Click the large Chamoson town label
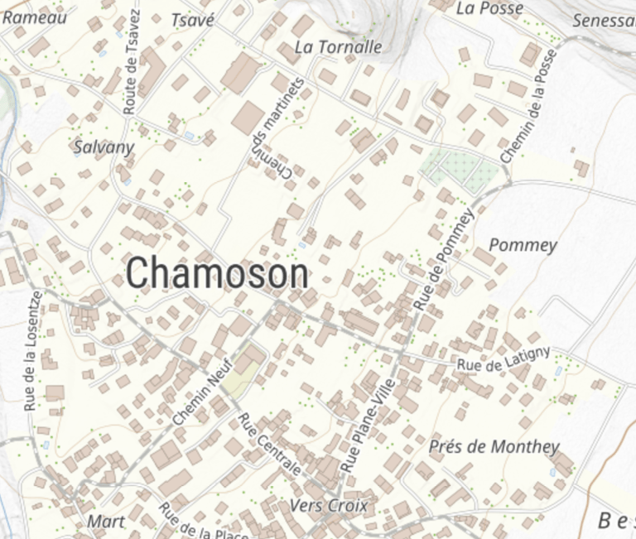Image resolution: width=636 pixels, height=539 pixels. coord(219,273)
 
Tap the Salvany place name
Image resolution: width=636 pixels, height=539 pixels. coord(104,147)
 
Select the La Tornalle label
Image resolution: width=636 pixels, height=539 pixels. coord(338,47)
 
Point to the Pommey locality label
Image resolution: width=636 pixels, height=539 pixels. coord(523,245)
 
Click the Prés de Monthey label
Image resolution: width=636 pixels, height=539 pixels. coord(494,447)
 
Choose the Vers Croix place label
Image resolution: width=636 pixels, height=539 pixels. coord(330,505)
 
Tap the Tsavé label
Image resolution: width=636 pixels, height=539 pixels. coord(192,20)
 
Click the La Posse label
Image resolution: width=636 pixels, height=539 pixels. coord(489,8)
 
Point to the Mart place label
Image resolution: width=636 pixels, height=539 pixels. coord(105,522)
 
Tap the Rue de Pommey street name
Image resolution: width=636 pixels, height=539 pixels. coord(444,259)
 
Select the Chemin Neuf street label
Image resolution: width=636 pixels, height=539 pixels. coord(203,397)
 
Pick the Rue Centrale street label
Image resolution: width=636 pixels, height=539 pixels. coord(269,444)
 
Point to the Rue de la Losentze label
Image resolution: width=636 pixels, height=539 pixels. coord(31,351)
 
